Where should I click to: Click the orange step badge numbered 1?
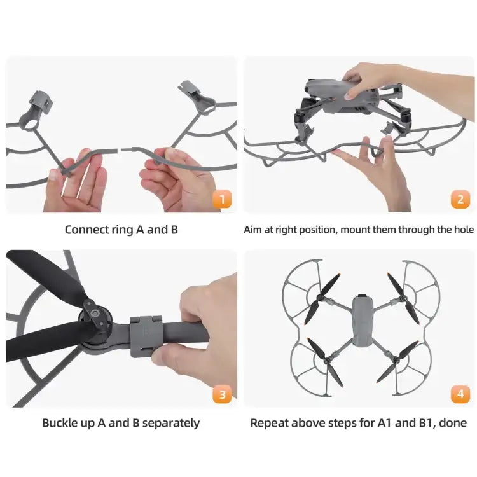pos(221,200)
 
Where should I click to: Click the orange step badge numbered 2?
pos(460,200)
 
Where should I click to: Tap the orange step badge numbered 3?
pos(221,394)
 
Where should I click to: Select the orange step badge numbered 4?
pos(460,394)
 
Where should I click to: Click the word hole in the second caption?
pos(462,229)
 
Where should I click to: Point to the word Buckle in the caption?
pos(62,423)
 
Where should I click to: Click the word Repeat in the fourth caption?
pos(270,423)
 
